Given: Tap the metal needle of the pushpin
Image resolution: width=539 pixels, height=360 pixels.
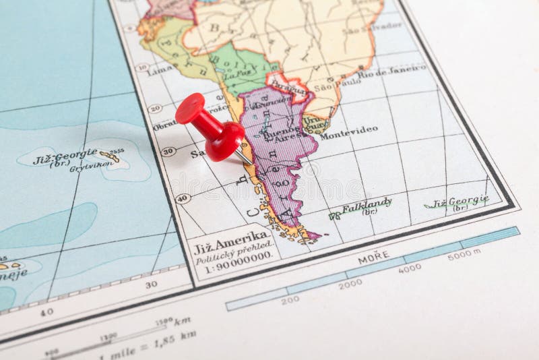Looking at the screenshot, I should pyautogui.click(x=244, y=158).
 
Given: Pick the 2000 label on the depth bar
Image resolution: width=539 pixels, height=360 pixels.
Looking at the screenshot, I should pyautogui.click(x=350, y=284).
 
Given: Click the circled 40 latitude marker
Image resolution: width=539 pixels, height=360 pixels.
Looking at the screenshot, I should pyautogui.click(x=181, y=198).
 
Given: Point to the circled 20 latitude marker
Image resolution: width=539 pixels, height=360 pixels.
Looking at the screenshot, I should pyautogui.click(x=154, y=108).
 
